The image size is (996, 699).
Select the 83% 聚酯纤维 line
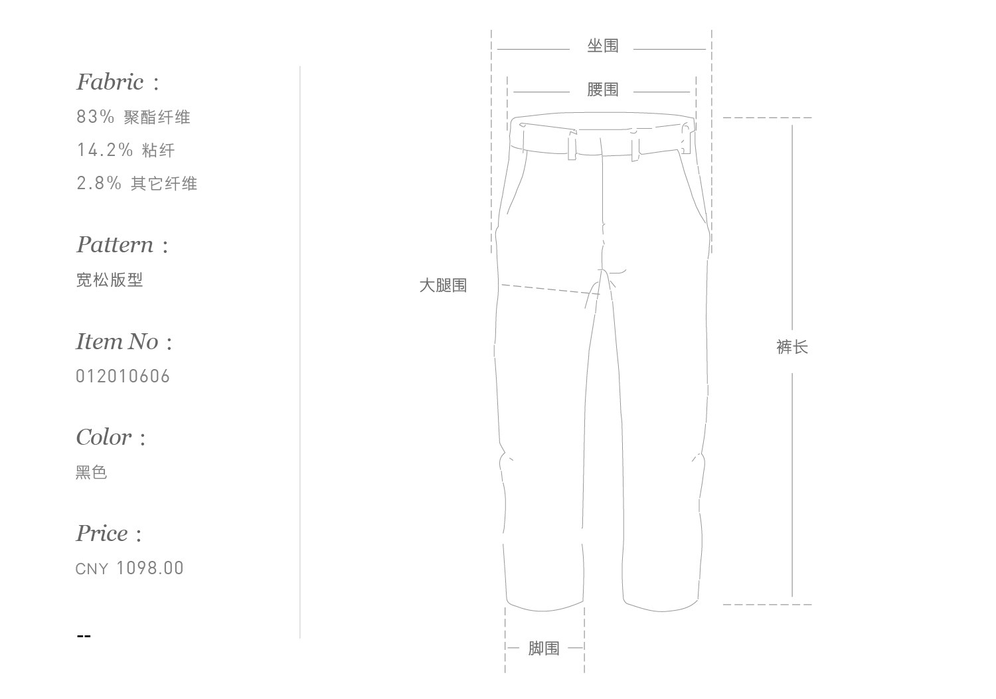133,117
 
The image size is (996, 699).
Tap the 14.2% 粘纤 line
125,150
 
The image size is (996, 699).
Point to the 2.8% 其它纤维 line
137,183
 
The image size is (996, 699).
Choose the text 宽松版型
110,280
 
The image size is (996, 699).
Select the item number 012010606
123,376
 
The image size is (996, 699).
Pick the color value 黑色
92,473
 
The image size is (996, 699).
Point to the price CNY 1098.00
129,568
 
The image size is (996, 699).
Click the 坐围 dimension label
602,46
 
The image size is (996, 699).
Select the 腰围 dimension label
602,90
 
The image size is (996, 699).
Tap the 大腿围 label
443,285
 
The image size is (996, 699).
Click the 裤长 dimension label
791,347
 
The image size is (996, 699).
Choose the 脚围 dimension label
544,649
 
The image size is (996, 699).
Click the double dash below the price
84,636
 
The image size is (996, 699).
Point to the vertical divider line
300,352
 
